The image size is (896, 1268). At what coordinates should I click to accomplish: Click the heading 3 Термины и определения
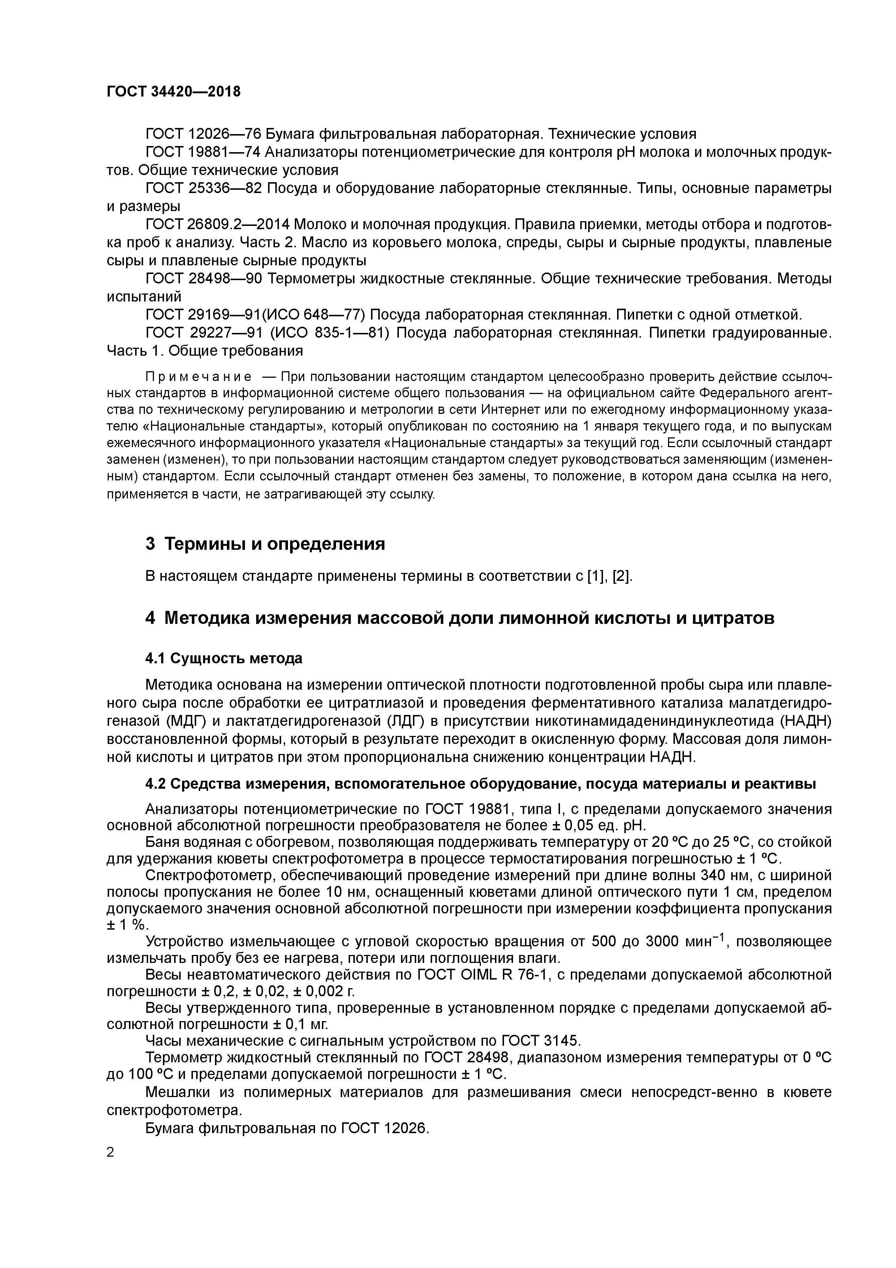(265, 544)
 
